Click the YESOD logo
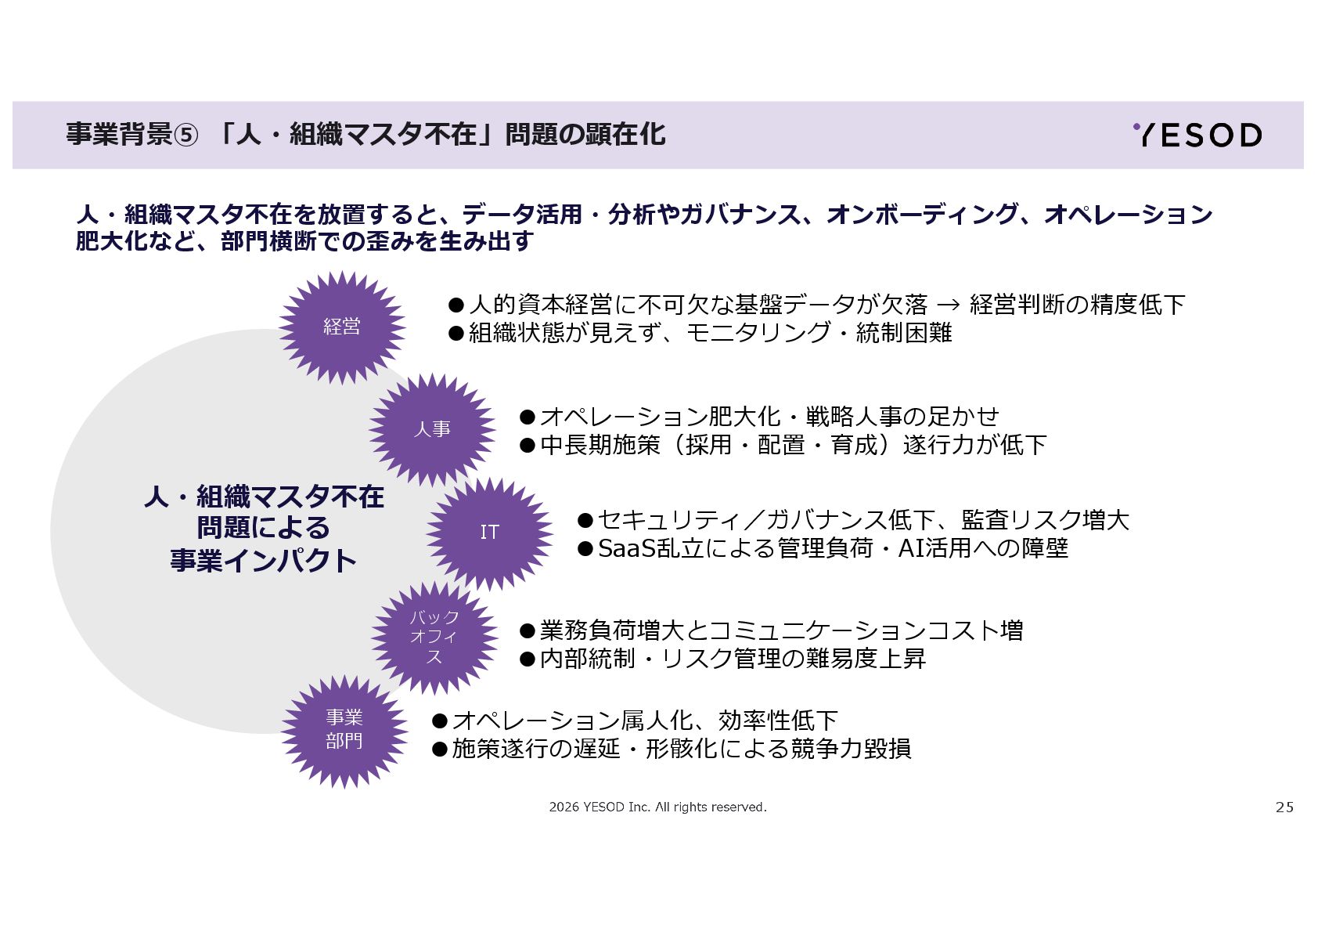pyautogui.click(x=1197, y=135)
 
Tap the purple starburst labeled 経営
pyautogui.click(x=342, y=327)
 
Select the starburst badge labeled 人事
pyautogui.click(x=432, y=429)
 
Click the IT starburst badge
pyautogui.click(x=489, y=533)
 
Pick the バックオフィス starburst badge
pyautogui.click(x=434, y=637)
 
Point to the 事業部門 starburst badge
pyautogui.click(x=344, y=729)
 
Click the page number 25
pyautogui.click(x=1284, y=807)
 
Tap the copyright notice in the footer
pyautogui.click(x=657, y=807)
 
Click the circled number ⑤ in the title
pyautogui.click(x=185, y=135)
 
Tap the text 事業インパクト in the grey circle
pyautogui.click(x=264, y=561)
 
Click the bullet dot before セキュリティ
pyautogui.click(x=585, y=520)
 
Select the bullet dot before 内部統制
pyautogui.click(x=528, y=659)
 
